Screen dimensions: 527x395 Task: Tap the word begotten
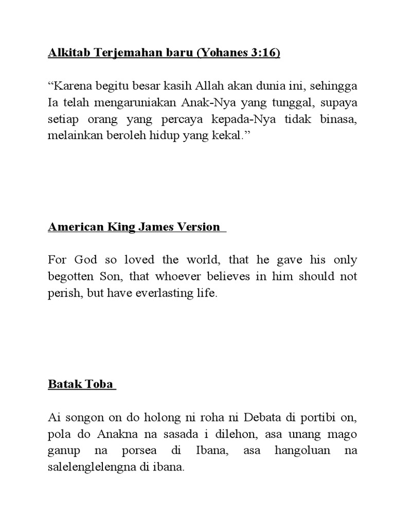pos(67,277)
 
